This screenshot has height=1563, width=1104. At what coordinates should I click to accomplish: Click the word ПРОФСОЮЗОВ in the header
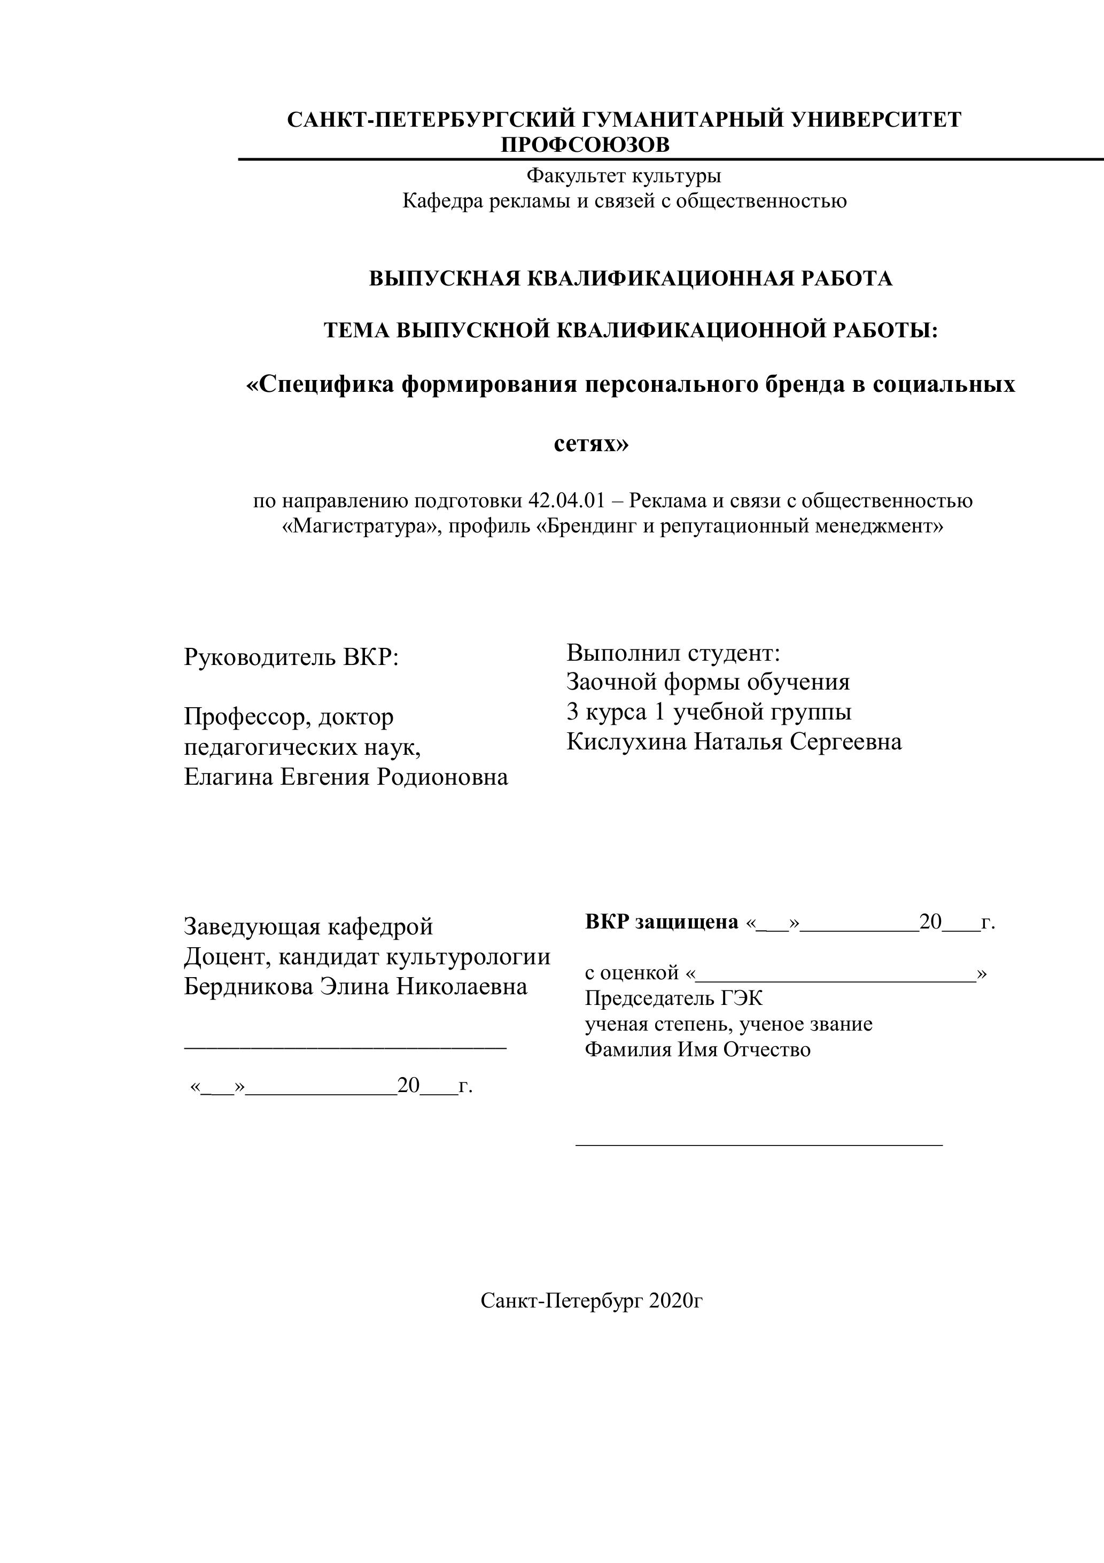click(585, 145)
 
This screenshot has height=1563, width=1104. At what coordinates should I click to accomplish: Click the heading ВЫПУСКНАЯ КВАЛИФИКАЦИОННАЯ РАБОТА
click(630, 278)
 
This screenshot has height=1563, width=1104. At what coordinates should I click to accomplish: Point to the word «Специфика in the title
click(320, 385)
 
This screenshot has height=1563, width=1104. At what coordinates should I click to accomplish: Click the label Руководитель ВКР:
click(291, 657)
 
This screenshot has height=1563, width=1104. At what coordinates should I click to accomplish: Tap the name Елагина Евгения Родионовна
click(346, 777)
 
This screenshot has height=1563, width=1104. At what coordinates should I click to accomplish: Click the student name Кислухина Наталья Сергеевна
click(734, 741)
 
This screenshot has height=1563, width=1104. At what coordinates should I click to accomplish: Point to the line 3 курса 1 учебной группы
click(709, 711)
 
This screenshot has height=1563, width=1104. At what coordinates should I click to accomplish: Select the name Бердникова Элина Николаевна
click(355, 986)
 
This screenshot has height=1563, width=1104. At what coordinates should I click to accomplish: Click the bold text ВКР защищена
click(661, 923)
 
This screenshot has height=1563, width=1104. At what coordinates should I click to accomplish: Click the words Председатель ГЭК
click(673, 998)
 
